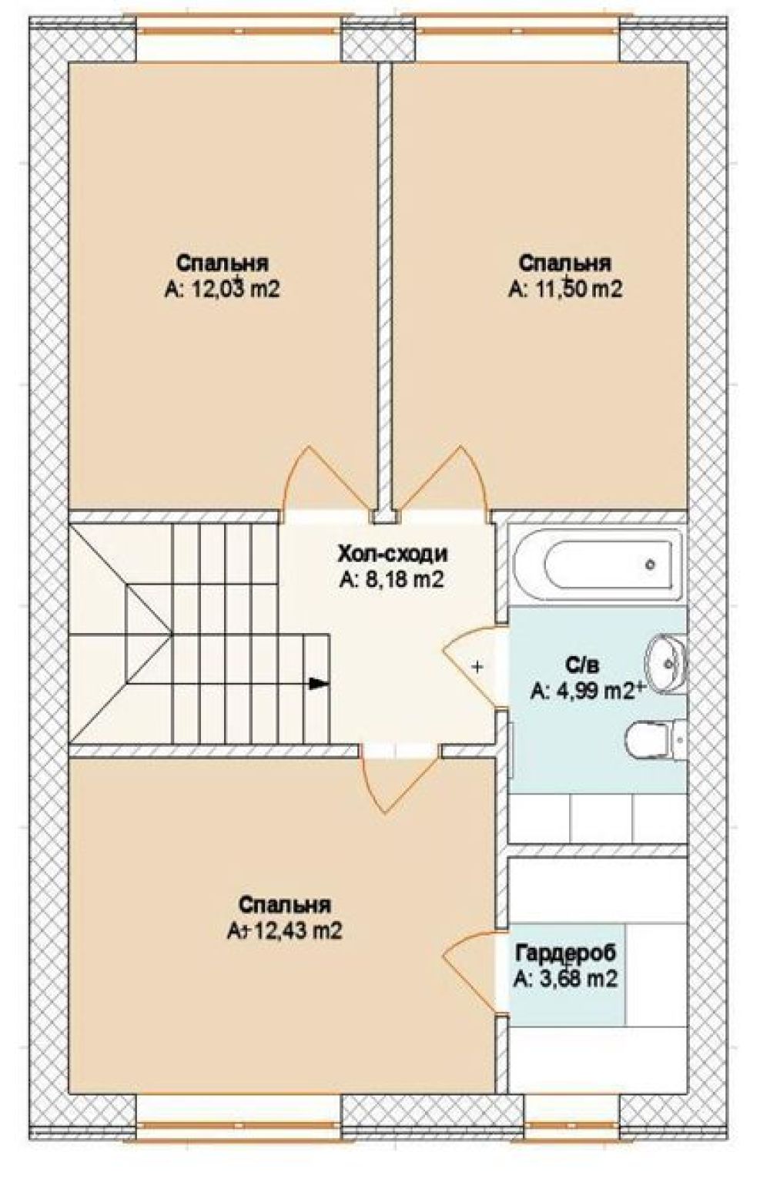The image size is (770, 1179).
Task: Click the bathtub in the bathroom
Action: [598, 564]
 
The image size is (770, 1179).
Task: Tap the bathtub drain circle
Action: [651, 564]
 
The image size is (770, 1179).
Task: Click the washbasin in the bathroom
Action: [667, 662]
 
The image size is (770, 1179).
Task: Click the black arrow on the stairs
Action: [319, 685]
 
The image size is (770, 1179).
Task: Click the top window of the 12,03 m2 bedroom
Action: [239, 31]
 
